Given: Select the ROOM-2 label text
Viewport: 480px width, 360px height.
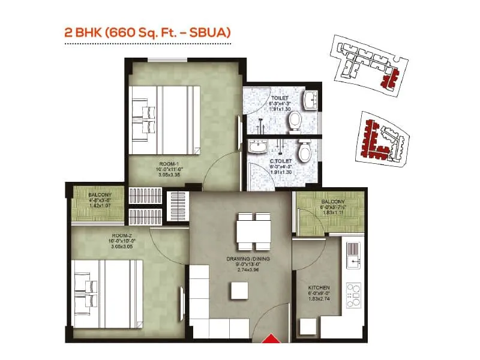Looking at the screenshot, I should click(x=121, y=236).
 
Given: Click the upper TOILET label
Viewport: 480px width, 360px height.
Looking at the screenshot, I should click(x=280, y=98).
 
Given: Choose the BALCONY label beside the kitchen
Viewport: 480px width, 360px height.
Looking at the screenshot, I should click(x=332, y=202).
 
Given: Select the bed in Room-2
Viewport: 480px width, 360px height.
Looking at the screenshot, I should click(x=108, y=293).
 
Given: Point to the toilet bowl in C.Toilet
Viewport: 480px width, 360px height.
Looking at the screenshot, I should click(x=304, y=151).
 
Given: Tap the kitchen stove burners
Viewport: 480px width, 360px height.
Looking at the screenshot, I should click(x=353, y=295).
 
